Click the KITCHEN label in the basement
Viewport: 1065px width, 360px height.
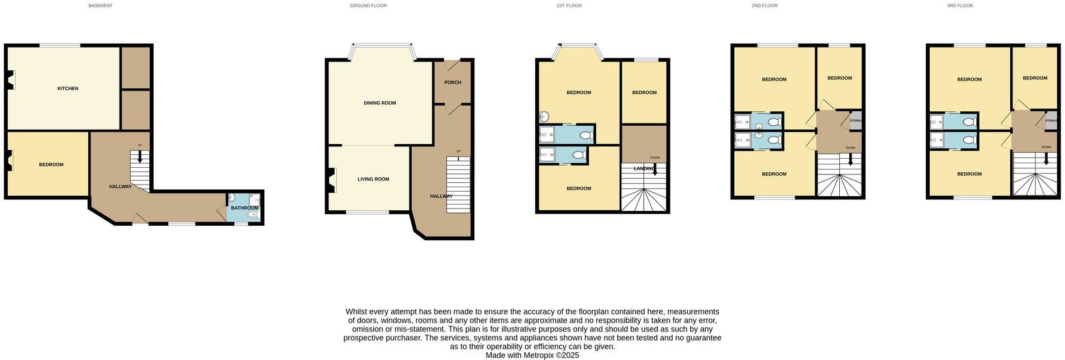(x=68, y=88)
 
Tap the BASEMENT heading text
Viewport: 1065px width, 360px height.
(x=100, y=6)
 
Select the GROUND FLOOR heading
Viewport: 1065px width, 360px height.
(x=368, y=6)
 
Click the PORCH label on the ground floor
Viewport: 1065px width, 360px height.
(x=453, y=82)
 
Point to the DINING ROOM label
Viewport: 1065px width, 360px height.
(x=379, y=103)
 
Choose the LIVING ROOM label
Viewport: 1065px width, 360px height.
(x=373, y=179)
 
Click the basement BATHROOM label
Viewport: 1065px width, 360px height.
(x=245, y=208)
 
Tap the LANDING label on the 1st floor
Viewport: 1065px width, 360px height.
(x=644, y=168)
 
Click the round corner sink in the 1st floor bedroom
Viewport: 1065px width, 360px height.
(x=545, y=117)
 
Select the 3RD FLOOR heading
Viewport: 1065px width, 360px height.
(x=959, y=6)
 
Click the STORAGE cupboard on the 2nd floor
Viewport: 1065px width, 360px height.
(x=855, y=121)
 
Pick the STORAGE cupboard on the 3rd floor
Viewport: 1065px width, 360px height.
(x=1051, y=121)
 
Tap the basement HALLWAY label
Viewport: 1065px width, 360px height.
(x=120, y=187)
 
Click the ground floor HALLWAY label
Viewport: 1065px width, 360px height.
(x=441, y=196)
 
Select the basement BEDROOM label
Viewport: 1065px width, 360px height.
(x=51, y=165)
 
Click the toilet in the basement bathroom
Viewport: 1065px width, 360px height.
(x=253, y=214)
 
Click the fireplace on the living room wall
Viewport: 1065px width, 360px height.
(x=331, y=180)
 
